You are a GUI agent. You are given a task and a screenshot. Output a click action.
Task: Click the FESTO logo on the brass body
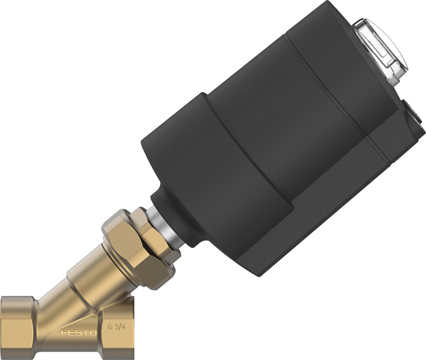(x=78, y=333)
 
